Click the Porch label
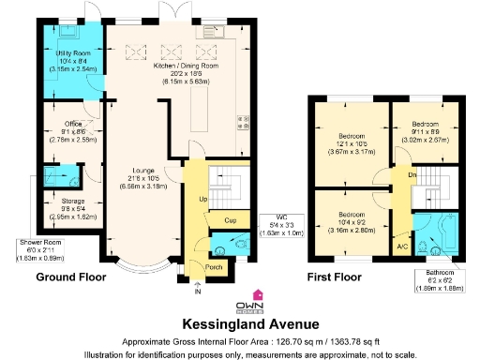point(213,266)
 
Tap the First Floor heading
point(335,277)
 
